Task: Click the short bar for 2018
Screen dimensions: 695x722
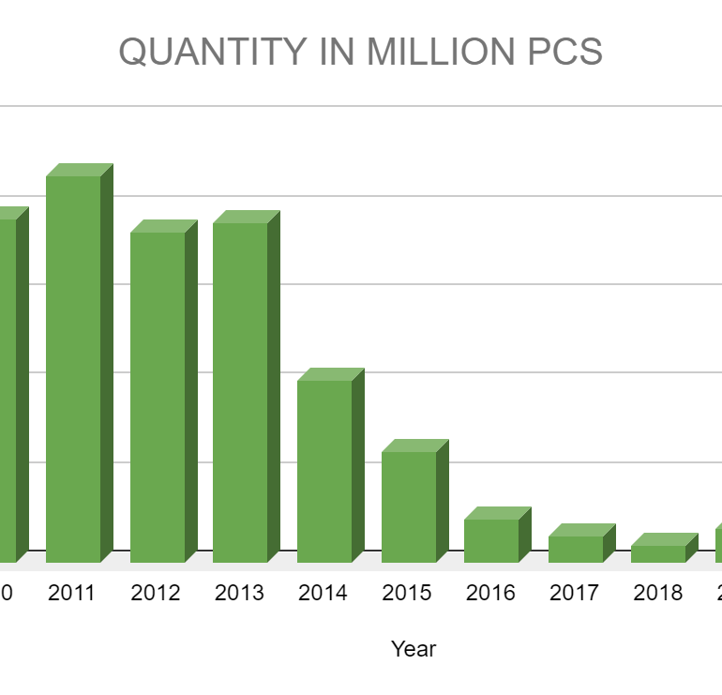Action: click(x=658, y=553)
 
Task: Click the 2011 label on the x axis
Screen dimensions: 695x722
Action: click(x=73, y=593)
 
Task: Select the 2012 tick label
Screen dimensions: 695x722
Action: click(x=157, y=593)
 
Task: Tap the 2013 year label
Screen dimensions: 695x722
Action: click(x=240, y=593)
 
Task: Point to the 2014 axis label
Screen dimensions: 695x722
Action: click(x=323, y=593)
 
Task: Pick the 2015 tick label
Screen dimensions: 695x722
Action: click(x=407, y=593)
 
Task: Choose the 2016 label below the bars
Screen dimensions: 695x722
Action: click(x=490, y=593)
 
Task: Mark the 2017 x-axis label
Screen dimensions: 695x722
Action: click(x=575, y=593)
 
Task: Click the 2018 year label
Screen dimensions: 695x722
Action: click(x=658, y=593)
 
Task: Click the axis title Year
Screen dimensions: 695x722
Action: click(x=414, y=648)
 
